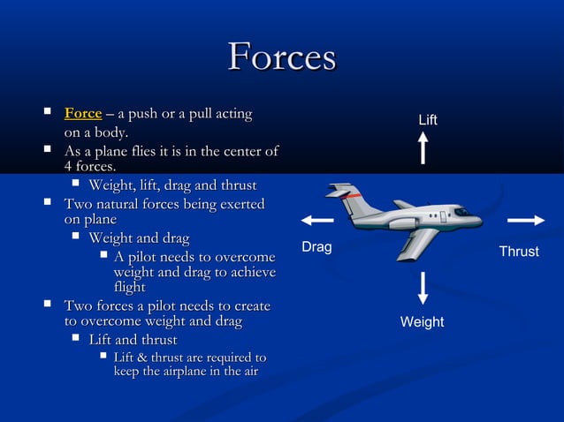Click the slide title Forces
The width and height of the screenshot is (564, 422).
click(282, 57)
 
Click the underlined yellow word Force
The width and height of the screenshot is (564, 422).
click(83, 114)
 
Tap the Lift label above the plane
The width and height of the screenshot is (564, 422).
click(428, 119)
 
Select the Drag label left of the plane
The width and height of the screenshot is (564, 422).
click(316, 247)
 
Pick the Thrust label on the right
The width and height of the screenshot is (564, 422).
click(519, 252)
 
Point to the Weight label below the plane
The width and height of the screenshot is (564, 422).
click(422, 322)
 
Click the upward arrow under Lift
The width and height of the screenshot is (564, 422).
click(423, 148)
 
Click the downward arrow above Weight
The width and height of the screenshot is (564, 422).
click(423, 288)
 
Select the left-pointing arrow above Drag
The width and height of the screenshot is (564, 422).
click(316, 221)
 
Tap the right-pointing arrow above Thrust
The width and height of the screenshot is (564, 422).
click(526, 221)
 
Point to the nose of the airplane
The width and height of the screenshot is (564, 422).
click(477, 216)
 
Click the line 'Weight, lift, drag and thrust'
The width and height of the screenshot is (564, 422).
click(172, 185)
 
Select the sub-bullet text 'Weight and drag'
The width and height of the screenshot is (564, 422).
click(139, 238)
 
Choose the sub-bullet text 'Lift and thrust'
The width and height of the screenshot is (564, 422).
click(133, 340)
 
